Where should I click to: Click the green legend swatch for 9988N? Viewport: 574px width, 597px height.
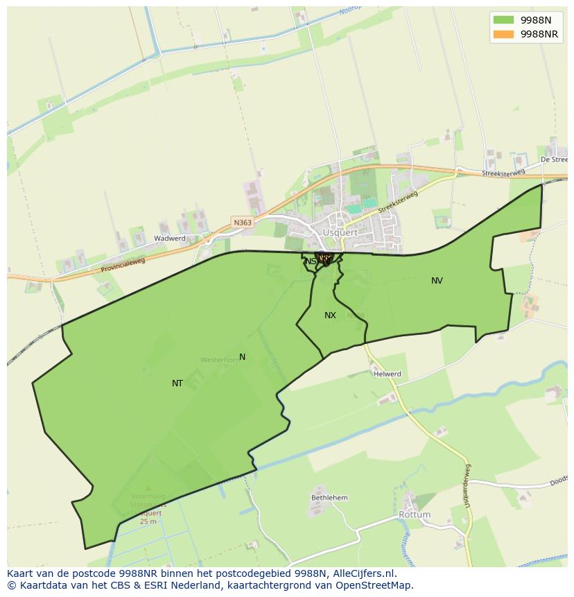503,19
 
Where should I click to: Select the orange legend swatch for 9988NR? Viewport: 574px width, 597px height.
503,34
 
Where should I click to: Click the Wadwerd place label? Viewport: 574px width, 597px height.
170,238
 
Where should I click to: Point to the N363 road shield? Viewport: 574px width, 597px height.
243,223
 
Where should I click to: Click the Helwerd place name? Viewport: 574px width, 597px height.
388,374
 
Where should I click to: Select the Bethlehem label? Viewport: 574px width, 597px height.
329,498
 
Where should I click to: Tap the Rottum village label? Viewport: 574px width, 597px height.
415,515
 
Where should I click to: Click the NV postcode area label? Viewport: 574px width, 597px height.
437,281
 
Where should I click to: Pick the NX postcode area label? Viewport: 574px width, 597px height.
330,315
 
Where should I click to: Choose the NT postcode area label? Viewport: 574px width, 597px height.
177,383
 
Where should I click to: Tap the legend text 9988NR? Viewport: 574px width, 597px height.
539,34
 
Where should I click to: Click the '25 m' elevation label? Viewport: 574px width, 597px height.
148,521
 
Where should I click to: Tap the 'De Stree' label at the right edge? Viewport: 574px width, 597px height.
554,159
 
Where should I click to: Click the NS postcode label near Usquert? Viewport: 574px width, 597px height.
310,261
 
